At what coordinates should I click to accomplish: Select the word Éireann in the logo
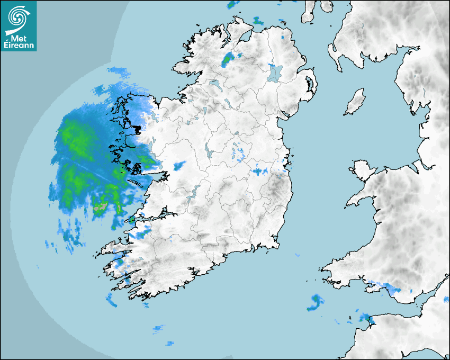click(x=19, y=46)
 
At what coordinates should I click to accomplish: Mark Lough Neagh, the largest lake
click(x=274, y=73)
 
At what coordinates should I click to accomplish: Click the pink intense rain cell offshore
click(x=99, y=208)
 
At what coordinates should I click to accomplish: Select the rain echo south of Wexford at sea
click(x=316, y=302)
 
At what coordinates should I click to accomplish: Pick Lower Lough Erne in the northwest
click(x=214, y=84)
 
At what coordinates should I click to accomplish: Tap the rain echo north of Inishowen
click(x=258, y=21)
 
